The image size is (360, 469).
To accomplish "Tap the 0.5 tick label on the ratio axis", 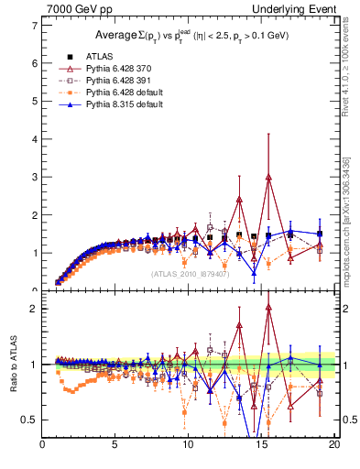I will [29, 420].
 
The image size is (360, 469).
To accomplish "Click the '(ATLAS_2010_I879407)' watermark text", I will [191, 273].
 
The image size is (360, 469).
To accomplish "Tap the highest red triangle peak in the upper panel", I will [268, 177].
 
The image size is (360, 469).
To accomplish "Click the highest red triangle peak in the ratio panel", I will [268, 308].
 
